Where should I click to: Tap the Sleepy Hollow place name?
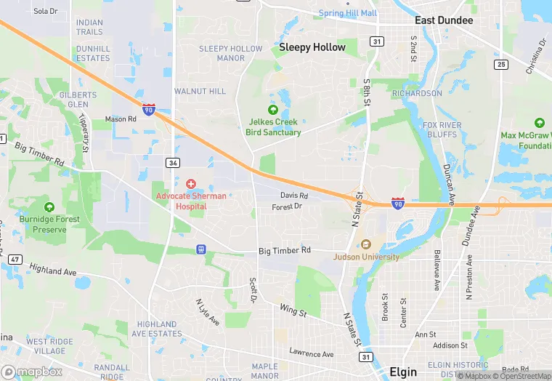(312, 47)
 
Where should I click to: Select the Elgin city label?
(403, 372)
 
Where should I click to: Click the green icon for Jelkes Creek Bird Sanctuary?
(273, 110)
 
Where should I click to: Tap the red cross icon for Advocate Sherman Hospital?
(191, 184)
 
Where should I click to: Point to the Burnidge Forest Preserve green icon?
(49, 208)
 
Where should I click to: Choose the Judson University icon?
(366, 244)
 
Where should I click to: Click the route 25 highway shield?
(500, 65)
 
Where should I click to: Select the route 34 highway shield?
(172, 163)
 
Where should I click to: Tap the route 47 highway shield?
(15, 259)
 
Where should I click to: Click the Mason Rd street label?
(121, 119)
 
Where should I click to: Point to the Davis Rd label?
(294, 196)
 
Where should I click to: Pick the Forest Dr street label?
(287, 207)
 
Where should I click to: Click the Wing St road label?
(293, 311)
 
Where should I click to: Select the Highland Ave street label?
(53, 270)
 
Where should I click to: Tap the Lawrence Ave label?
(311, 353)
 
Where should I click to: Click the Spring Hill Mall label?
(347, 13)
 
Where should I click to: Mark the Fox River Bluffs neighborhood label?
(442, 131)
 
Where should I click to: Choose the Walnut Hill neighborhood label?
(200, 92)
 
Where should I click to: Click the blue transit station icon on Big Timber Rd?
(201, 249)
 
